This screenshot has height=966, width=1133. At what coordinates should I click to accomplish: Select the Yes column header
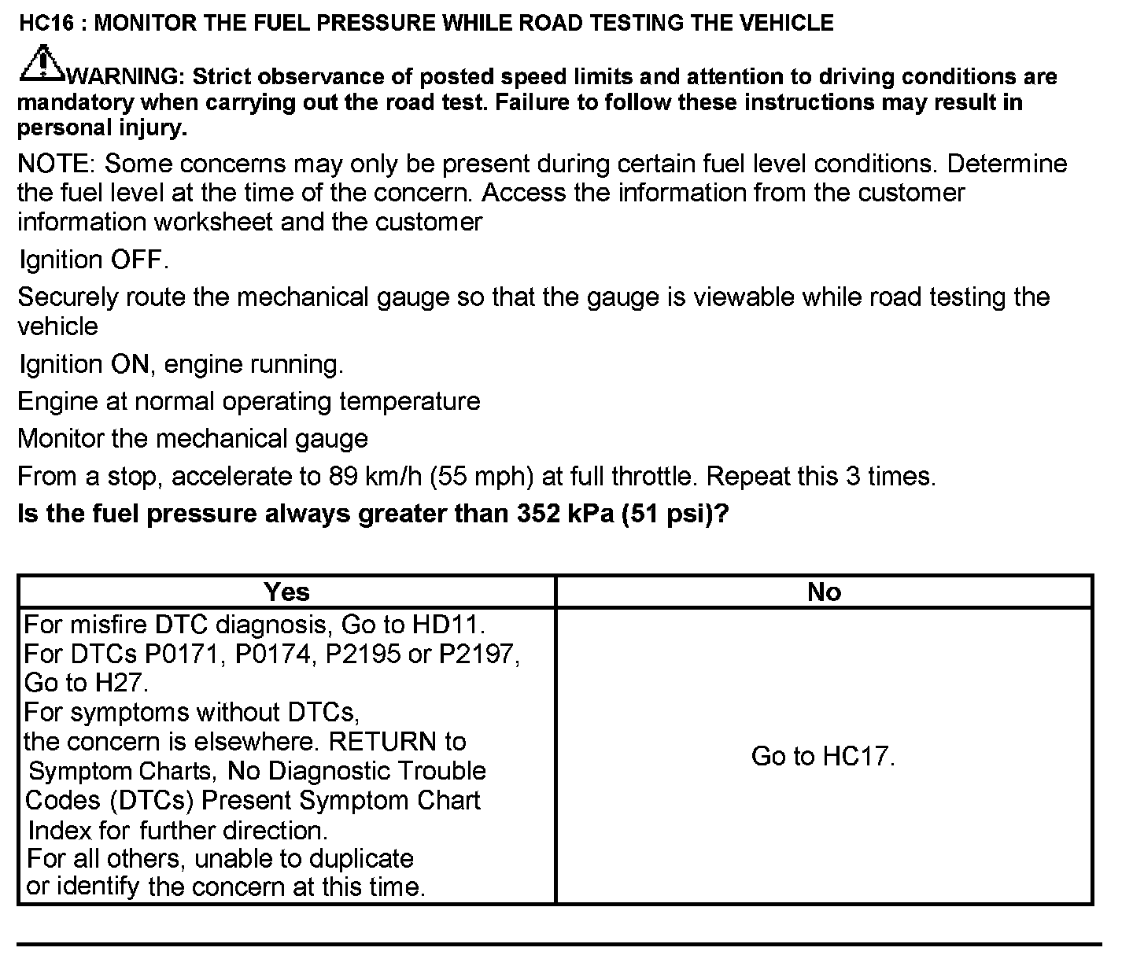286,592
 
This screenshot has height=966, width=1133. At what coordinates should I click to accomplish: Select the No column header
824,592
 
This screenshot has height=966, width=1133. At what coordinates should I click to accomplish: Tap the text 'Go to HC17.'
823,757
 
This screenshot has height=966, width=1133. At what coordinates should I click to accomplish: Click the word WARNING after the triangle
126,77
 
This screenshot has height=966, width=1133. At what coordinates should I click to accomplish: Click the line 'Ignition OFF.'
94,260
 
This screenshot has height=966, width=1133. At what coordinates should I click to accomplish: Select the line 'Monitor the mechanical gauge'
193,439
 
